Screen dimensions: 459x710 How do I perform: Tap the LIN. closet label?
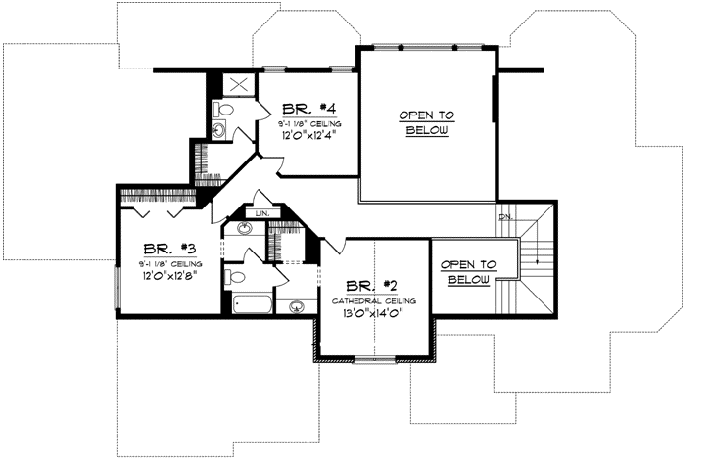click(261, 212)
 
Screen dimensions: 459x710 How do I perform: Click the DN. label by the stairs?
click(505, 216)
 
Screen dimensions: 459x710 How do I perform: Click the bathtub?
click(253, 303)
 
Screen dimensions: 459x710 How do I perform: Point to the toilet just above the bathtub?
click(235, 277)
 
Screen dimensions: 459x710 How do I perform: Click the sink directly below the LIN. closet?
click(244, 229)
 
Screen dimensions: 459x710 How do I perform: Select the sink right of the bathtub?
click(295, 306)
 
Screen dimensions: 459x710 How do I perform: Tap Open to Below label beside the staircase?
click(467, 272)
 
